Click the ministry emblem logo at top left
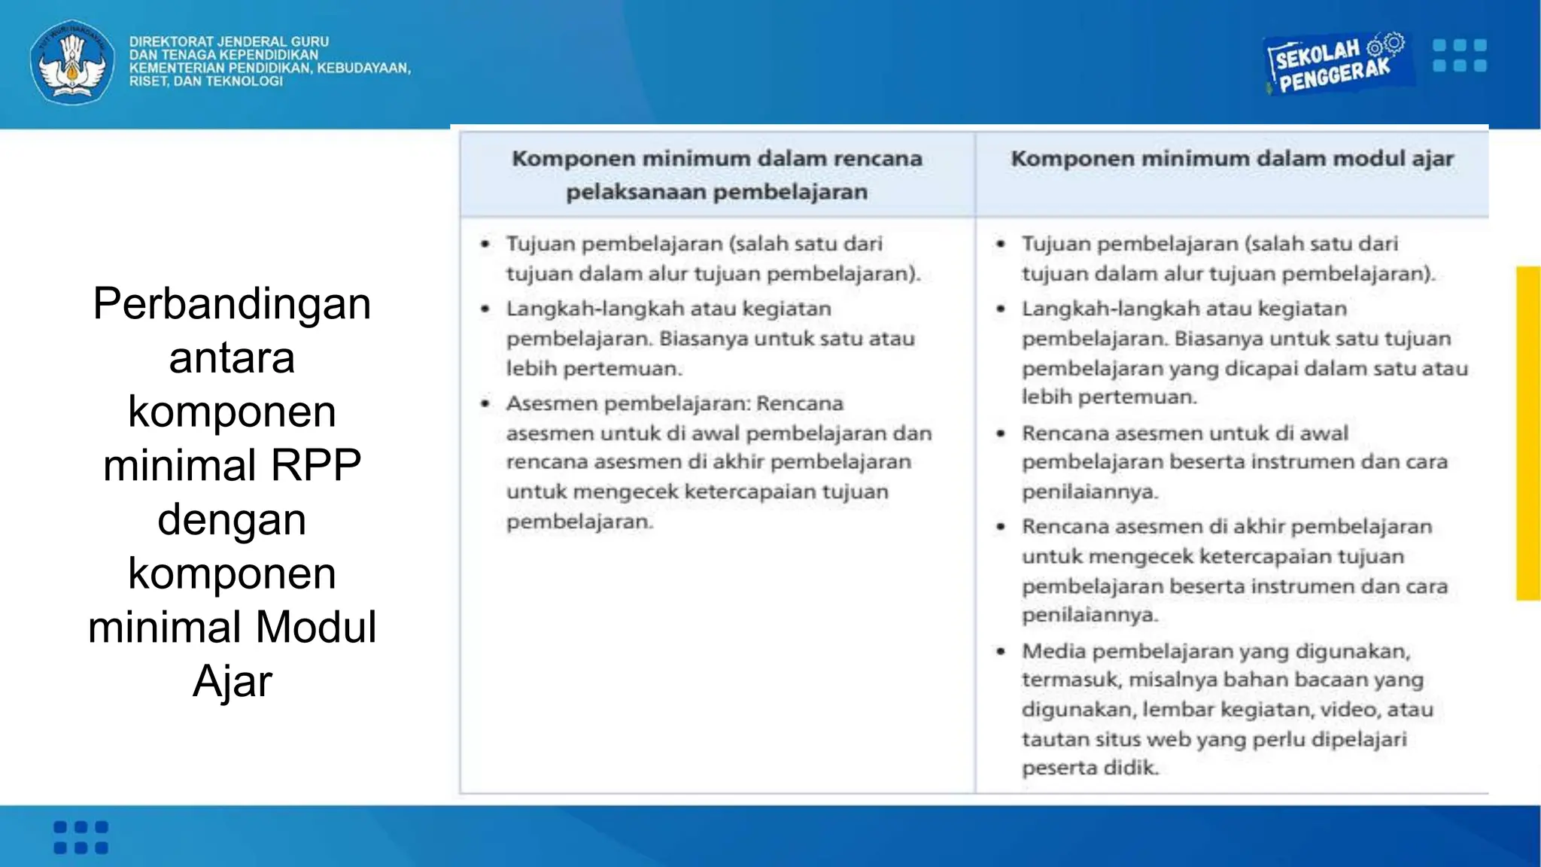72,62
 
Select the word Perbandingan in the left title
232,303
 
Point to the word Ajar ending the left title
232,681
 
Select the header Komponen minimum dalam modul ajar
1232,159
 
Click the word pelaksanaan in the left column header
635,192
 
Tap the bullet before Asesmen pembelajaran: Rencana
485,404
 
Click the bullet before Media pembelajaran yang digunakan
1001,652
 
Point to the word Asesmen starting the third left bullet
552,404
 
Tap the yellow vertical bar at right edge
1527,433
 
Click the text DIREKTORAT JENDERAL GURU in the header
229,41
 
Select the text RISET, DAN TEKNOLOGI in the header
206,81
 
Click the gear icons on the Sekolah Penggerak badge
1386,44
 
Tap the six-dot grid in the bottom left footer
81,837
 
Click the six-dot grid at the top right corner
1459,56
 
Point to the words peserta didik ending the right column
1090,768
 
